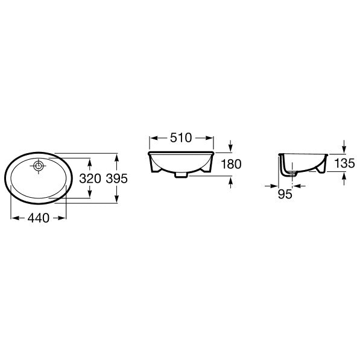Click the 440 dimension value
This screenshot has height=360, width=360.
(39, 218)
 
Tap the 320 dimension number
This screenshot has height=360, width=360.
(90, 178)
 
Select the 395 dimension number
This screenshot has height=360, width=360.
(116, 178)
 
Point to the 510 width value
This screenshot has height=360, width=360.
(181, 137)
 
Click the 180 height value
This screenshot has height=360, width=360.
(231, 164)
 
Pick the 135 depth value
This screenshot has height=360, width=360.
(344, 163)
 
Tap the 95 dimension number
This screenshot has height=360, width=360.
(285, 194)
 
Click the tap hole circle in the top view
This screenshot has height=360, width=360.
(39, 166)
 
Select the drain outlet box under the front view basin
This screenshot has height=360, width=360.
(182, 175)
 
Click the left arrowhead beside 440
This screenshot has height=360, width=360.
(15, 218)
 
